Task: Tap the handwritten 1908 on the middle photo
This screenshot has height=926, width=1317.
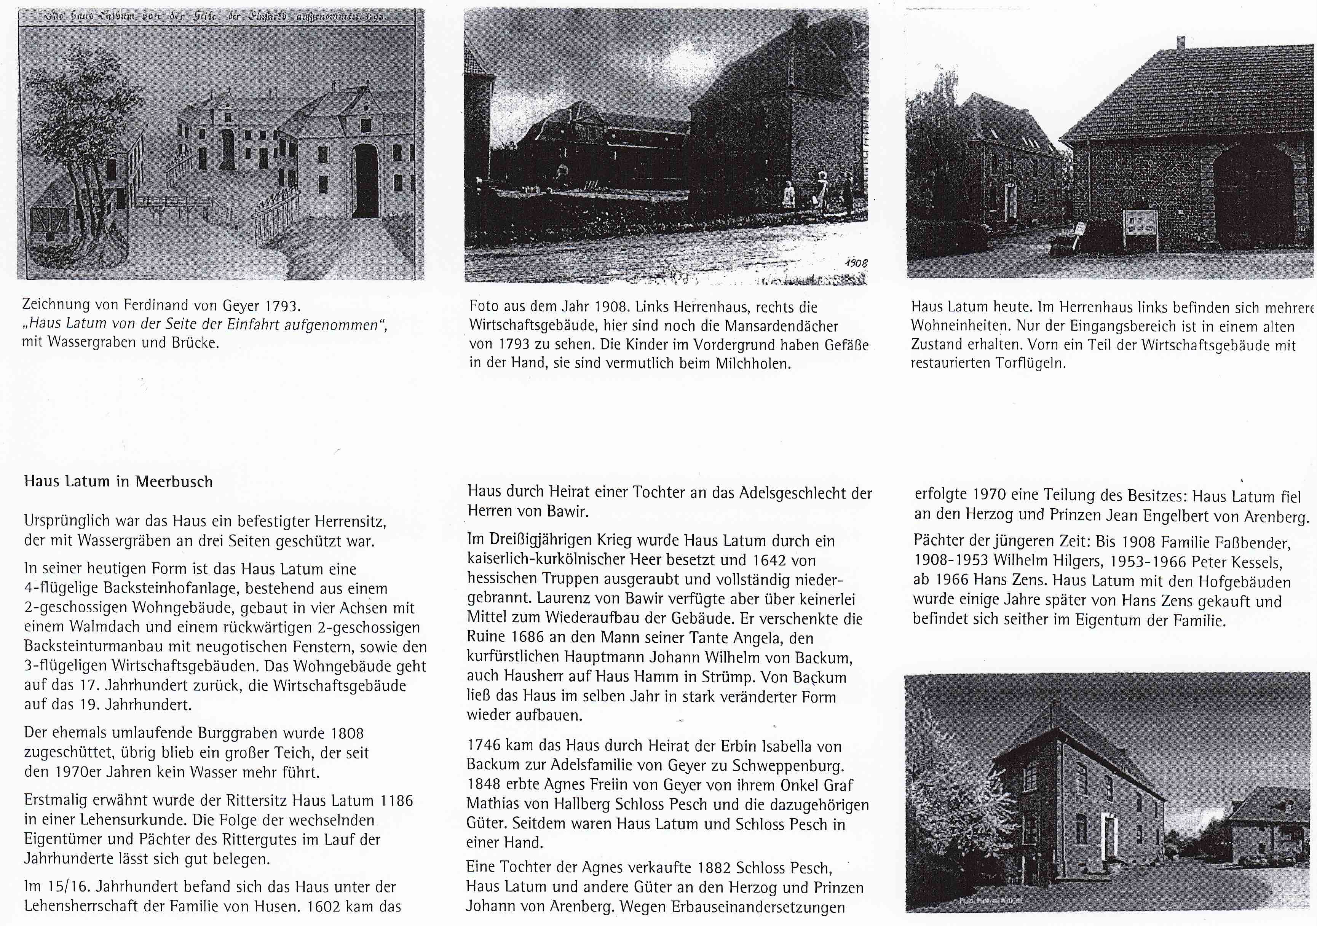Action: [856, 263]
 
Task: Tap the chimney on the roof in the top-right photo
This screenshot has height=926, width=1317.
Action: [1180, 43]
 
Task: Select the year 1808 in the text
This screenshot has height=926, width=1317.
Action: [347, 733]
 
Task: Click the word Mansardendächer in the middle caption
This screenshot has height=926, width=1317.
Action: [781, 326]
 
